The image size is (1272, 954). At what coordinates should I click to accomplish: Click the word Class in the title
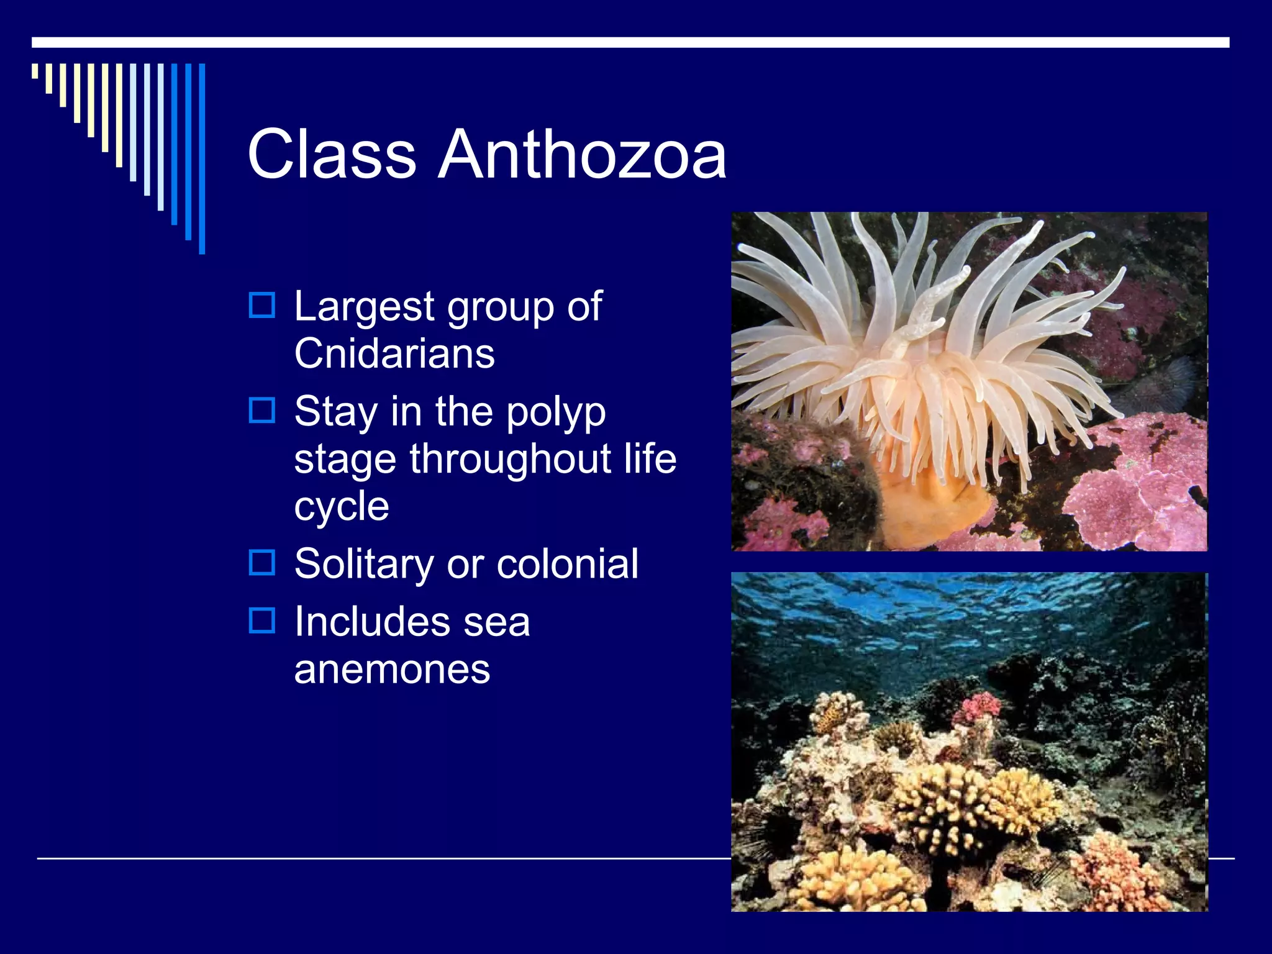click(332, 154)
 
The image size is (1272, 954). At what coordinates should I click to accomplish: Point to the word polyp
click(555, 412)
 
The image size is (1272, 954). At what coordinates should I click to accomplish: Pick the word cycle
click(342, 507)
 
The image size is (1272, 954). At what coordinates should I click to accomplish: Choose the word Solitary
click(364, 564)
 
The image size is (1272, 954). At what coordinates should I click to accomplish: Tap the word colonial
click(567, 564)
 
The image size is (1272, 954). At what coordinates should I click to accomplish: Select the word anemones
click(392, 669)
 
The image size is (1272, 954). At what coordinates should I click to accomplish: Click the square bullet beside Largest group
click(261, 305)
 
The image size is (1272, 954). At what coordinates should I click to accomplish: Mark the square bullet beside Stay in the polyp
click(261, 410)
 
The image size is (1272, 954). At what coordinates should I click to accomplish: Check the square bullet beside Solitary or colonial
click(261, 563)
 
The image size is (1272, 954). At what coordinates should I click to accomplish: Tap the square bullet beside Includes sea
click(261, 620)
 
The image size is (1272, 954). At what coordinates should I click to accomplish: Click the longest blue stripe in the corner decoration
click(202, 158)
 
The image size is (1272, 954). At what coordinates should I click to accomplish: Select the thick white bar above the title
click(630, 42)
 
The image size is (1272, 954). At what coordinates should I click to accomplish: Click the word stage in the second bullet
click(345, 460)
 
